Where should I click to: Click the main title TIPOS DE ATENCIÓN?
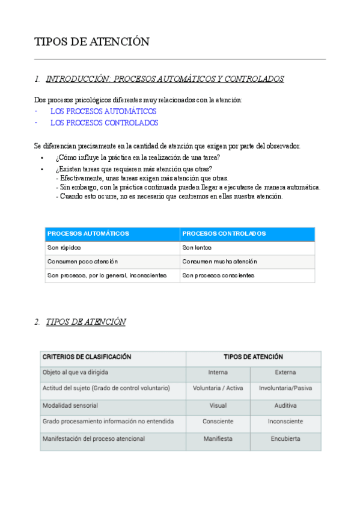[92, 41]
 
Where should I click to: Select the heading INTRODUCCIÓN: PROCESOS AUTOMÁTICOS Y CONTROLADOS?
[165, 79]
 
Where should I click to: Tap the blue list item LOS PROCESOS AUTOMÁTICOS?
[103, 111]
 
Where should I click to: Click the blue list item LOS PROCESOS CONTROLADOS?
[104, 123]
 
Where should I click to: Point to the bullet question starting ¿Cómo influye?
[138, 158]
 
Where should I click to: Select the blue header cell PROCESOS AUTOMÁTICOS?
[88, 233]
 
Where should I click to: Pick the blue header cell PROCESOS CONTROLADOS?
[224, 233]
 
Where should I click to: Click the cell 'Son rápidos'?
[64, 247]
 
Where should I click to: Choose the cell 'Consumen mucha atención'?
[219, 262]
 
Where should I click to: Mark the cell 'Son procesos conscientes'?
[218, 275]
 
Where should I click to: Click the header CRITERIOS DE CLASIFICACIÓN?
[87, 357]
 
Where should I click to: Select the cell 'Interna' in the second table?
[218, 372]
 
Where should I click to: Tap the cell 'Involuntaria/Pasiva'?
[285, 389]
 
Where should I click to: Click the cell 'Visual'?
[218, 405]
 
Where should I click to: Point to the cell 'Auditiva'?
[285, 405]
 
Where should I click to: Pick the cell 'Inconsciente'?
[285, 422]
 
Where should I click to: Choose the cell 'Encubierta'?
[285, 439]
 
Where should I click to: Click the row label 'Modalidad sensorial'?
[70, 405]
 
